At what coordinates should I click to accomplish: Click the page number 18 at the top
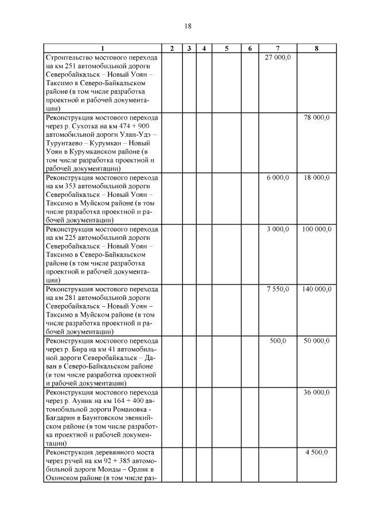[188, 26]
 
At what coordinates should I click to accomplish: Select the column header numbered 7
[278, 49]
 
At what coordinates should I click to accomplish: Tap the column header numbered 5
[227, 49]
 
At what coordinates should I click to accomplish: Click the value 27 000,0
[278, 57]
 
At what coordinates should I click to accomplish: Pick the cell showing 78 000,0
[317, 117]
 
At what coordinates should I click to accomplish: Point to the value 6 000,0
[278, 178]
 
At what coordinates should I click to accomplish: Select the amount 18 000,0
[317, 178]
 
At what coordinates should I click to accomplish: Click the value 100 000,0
[317, 229]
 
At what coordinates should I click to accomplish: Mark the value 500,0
[278, 341]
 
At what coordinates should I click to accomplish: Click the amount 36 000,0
[317, 392]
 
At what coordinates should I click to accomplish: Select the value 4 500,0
[317, 452]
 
